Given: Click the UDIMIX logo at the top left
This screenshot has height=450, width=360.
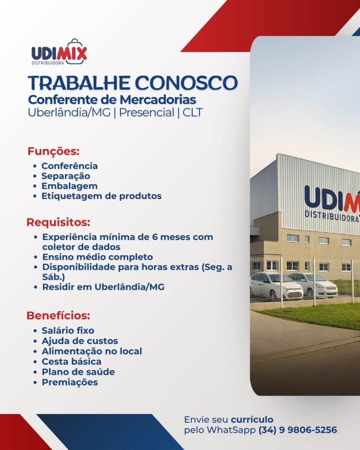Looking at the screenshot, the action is tap(59, 52).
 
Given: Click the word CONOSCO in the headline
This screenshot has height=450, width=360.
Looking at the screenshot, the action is tap(186, 83).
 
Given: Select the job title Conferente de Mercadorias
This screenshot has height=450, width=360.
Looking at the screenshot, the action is tap(112, 100).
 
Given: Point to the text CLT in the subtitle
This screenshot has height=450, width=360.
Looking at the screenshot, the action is tap(193, 112).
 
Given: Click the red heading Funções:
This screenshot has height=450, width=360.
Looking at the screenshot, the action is tap(53, 151).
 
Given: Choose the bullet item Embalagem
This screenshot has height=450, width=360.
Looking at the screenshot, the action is tap(69, 186).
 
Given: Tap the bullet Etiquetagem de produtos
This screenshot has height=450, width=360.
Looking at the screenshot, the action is tap(102, 196).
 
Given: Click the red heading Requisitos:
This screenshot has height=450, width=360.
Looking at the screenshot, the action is tap(58, 222).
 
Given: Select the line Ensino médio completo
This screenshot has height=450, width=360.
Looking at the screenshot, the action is tap(98, 257).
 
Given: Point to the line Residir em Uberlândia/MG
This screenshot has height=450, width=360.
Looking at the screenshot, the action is tap(103, 287).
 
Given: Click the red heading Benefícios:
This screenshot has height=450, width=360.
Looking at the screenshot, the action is tap(58, 316).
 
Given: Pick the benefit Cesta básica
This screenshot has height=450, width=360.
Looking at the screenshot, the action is tap(72, 361).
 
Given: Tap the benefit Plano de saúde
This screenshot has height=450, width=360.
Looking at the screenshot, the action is tap(78, 372).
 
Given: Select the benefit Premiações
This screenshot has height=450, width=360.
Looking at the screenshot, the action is tap(70, 382).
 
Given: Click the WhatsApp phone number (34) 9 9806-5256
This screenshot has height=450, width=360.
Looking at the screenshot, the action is tap(298, 430).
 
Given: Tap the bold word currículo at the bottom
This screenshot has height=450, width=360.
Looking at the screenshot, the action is tap(252, 420).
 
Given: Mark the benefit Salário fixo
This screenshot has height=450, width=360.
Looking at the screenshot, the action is tap(68, 330).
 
